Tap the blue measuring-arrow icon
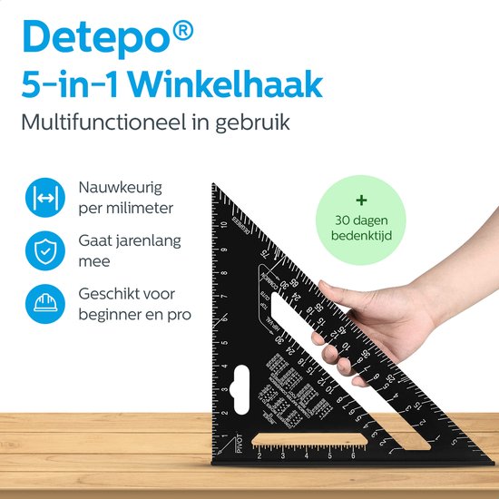pos(43,199)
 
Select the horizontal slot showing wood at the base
pos(309,441)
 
